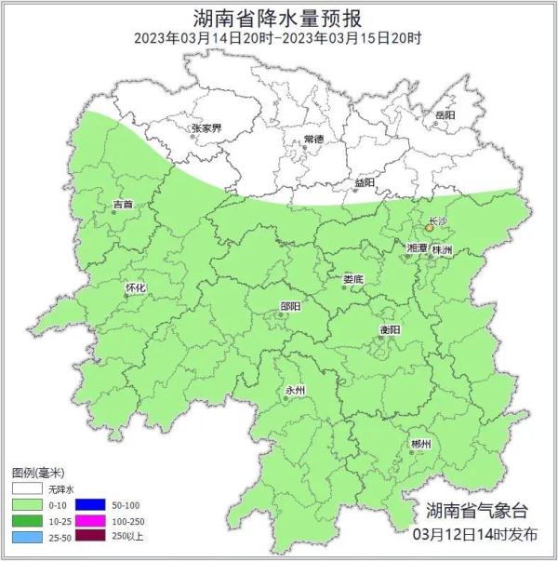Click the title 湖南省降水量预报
point(278,18)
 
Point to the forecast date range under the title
point(278,38)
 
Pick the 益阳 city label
point(364,182)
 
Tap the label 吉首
point(123,203)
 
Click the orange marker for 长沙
point(429,227)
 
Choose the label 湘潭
point(417,249)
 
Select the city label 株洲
point(443,251)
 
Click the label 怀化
point(136,287)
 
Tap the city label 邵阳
point(290,306)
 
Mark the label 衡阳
point(390,330)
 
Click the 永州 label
point(295,392)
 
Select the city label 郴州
point(420,445)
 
